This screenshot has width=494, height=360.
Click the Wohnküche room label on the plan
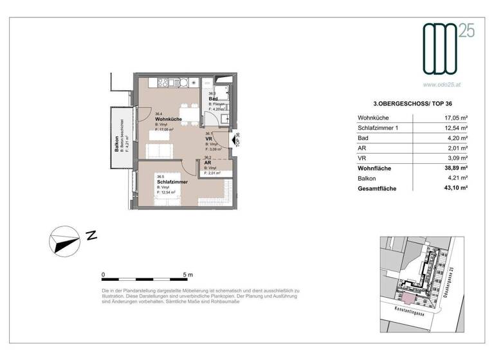pyautogui.click(x=169, y=120)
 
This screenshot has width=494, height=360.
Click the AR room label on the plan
pyautogui.click(x=208, y=163)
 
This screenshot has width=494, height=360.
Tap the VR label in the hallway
pyautogui.click(x=209, y=139)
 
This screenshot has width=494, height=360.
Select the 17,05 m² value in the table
pyautogui.click(x=455, y=118)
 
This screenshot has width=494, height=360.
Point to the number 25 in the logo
pyautogui.click(x=467, y=30)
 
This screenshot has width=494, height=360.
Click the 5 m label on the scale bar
pyautogui.click(x=187, y=274)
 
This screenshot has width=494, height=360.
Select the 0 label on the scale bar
pyautogui.click(x=104, y=274)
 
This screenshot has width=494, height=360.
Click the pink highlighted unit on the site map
pyautogui.click(x=406, y=296)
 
